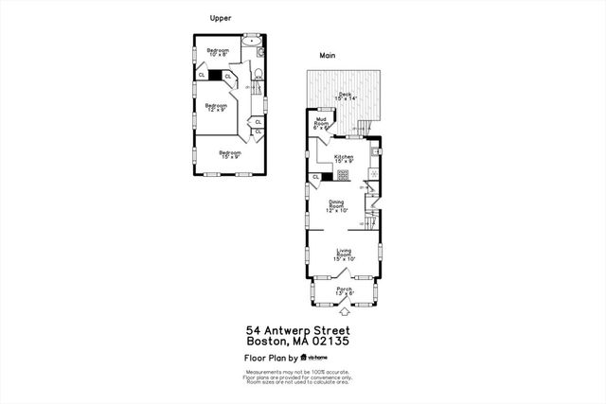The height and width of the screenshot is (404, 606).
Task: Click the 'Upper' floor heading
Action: [220, 18]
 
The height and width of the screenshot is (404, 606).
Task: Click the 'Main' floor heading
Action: [328, 55]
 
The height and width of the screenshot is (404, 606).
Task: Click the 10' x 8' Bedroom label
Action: [219, 52]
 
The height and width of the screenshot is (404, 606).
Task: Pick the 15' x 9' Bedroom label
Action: [230, 154]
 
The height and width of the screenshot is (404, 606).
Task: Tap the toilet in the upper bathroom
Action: [258, 71]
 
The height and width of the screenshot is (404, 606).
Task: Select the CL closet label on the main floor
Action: [315, 177]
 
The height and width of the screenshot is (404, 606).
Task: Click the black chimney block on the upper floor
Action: [216, 75]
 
